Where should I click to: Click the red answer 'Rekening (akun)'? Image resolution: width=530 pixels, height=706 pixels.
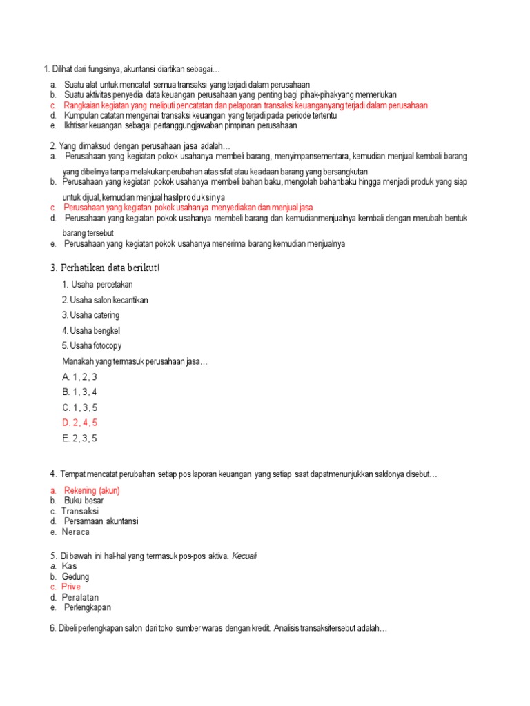(91, 490)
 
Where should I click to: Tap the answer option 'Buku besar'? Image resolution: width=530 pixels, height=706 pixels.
(84, 501)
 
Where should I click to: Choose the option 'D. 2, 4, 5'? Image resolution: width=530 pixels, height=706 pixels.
(79, 423)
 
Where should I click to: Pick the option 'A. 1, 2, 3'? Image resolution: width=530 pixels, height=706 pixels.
(79, 377)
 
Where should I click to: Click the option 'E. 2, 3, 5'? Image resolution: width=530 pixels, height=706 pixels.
(79, 438)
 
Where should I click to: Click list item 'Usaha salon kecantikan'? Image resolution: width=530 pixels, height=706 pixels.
(105, 300)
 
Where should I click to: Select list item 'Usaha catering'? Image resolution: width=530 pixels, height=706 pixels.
(90, 315)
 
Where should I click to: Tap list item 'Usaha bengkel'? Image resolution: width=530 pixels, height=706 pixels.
(90, 330)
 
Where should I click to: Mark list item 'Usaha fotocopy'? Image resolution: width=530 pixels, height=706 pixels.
(92, 345)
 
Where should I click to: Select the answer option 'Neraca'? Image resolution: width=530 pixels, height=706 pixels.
(75, 532)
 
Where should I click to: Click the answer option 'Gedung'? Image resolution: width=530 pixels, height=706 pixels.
(76, 576)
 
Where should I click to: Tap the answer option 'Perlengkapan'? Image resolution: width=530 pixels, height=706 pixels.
(88, 607)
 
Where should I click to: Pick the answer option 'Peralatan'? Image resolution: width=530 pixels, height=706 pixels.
(80, 597)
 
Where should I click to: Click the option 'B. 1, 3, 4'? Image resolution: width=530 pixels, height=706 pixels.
(79, 392)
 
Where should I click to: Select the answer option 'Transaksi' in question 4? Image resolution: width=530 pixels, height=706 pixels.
(80, 511)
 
